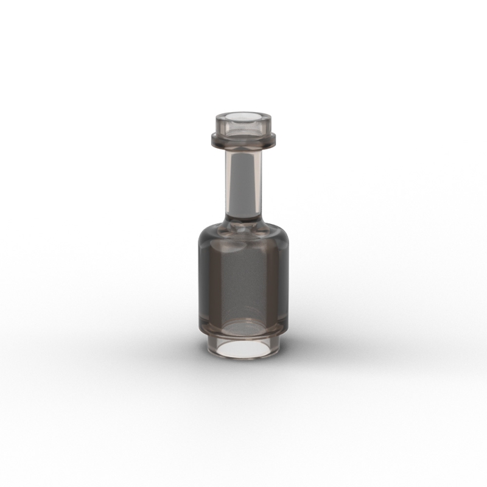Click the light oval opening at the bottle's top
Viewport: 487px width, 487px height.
[243, 115]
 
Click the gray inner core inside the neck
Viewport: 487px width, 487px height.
[243, 183]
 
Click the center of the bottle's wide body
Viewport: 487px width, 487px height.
[243, 280]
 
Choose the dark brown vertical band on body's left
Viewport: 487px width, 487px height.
[207, 280]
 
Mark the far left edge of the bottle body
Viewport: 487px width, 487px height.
[199, 280]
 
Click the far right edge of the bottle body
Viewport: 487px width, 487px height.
[288, 280]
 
